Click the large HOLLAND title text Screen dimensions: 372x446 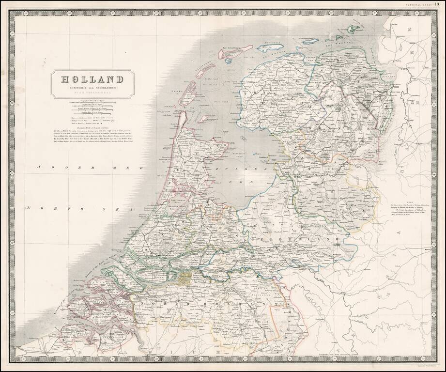pos(92,79)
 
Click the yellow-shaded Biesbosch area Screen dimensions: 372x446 pos(185,277)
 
